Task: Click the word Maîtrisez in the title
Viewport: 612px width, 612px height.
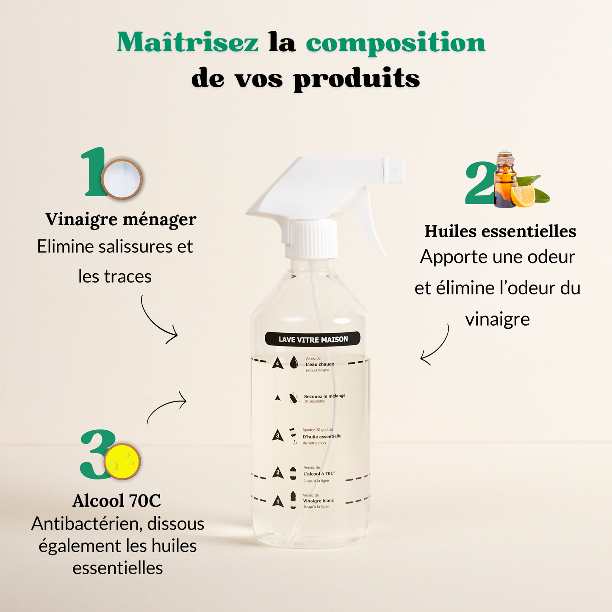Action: tap(188, 43)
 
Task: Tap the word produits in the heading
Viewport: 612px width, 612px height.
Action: tap(357, 79)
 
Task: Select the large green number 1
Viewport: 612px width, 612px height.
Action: tap(94, 172)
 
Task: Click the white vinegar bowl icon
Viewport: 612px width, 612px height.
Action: tap(122, 177)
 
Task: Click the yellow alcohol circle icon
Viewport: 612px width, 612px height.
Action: tap(122, 461)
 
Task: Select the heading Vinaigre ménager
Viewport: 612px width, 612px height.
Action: tap(121, 219)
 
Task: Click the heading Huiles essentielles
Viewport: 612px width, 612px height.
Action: tap(500, 231)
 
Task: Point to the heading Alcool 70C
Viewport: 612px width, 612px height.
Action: tap(117, 501)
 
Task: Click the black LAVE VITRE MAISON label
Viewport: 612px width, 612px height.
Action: tap(313, 339)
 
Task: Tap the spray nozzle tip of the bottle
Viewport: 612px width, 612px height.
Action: tap(394, 170)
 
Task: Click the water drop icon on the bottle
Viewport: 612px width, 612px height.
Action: tap(294, 363)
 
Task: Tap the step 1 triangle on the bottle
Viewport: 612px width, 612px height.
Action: tap(278, 501)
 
